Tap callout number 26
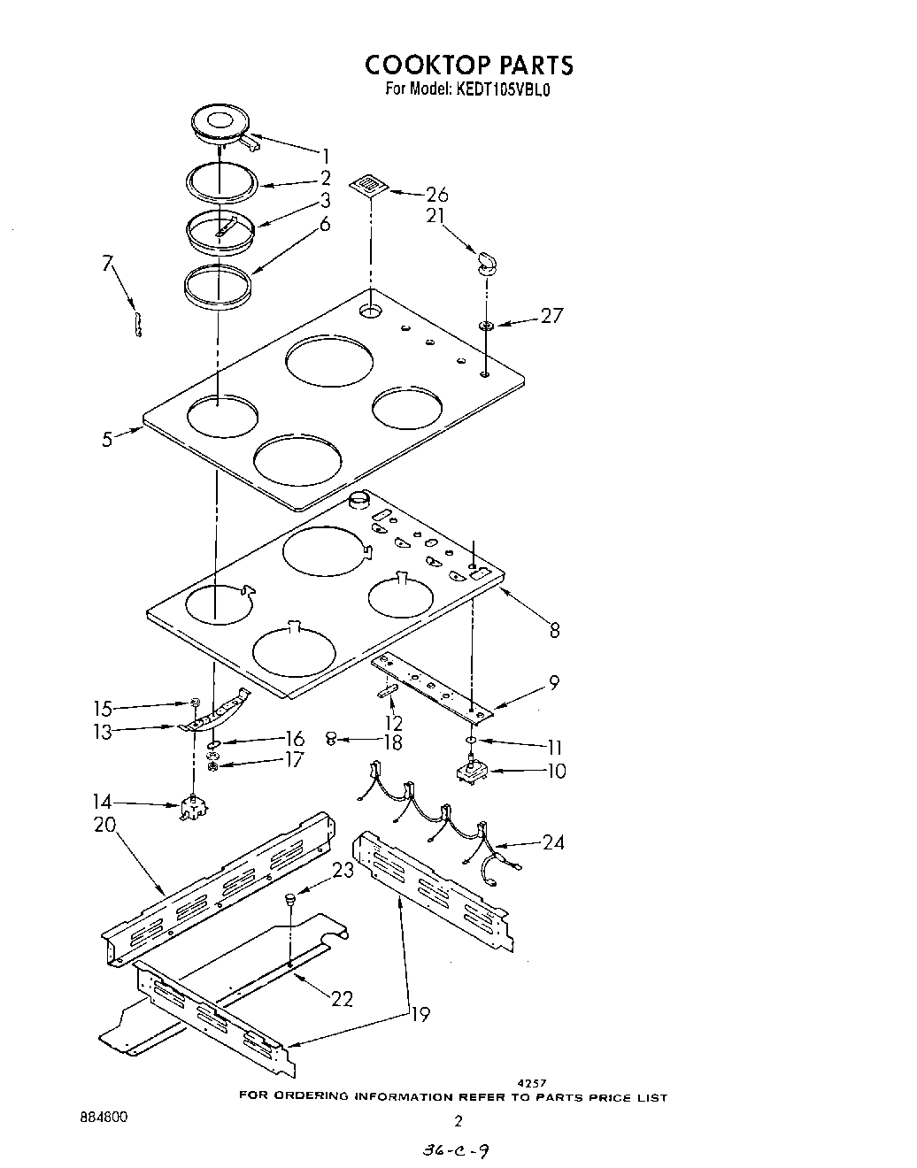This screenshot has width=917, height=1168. click(x=436, y=195)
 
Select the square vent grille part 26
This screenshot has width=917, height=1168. click(x=367, y=184)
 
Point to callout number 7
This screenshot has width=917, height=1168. click(x=108, y=263)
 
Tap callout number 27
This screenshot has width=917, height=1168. click(x=551, y=315)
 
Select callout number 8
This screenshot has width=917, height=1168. click(x=555, y=630)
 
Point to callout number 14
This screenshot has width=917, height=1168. click(x=103, y=803)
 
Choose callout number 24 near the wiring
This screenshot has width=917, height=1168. click(x=553, y=842)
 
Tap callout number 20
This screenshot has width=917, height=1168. click(x=104, y=826)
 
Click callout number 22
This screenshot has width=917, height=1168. click(x=342, y=998)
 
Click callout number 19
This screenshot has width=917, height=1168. click(x=420, y=1014)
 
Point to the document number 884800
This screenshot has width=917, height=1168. click(x=104, y=1118)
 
